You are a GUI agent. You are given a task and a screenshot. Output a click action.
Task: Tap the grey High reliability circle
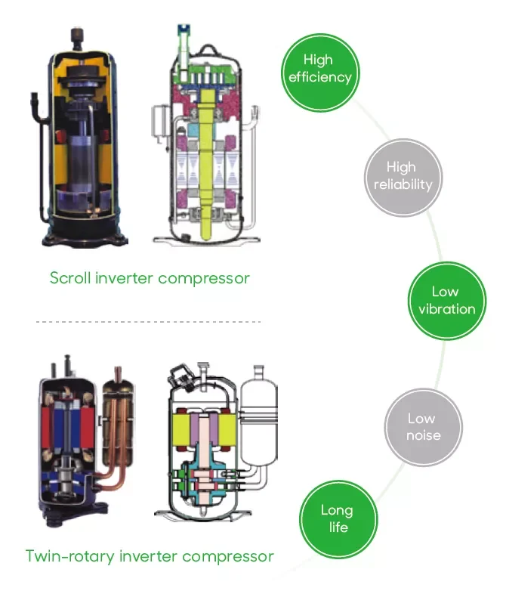click(x=402, y=176)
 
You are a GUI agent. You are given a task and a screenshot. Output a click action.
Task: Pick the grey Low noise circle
click(x=421, y=427)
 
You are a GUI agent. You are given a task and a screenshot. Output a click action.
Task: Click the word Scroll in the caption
click(x=70, y=278)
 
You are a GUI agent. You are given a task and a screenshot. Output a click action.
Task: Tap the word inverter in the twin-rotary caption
click(x=148, y=557)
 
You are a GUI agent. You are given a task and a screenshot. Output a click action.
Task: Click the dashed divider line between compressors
click(x=148, y=322)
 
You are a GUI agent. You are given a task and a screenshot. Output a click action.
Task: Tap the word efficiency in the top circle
click(x=320, y=77)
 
